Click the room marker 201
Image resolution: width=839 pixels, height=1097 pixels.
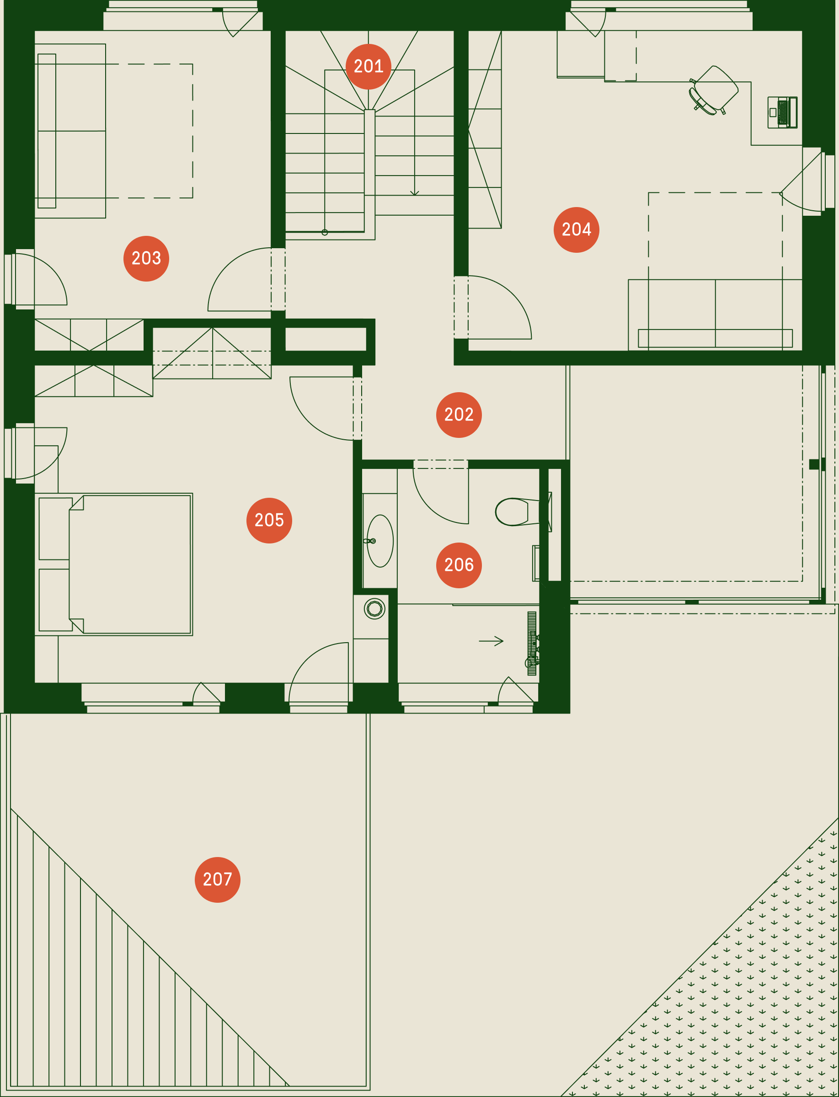pyautogui.click(x=368, y=66)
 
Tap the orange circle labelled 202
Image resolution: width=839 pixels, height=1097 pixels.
pyautogui.click(x=459, y=415)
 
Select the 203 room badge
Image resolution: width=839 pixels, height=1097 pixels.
pyautogui.click(x=146, y=259)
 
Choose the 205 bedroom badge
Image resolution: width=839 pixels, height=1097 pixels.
pyautogui.click(x=269, y=520)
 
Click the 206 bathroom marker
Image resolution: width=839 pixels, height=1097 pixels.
pyautogui.click(x=459, y=565)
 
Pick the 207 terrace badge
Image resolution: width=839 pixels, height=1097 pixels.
pyautogui.click(x=217, y=880)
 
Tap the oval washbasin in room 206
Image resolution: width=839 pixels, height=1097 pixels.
pyautogui.click(x=379, y=541)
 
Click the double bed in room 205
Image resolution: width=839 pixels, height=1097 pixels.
pyautogui.click(x=114, y=564)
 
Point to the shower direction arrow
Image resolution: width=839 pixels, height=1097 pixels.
pyautogui.click(x=491, y=641)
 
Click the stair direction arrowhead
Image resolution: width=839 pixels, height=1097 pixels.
pyautogui.click(x=415, y=193)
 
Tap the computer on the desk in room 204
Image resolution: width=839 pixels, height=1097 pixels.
pyautogui.click(x=783, y=112)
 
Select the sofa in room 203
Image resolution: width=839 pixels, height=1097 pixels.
pyautogui.click(x=70, y=131)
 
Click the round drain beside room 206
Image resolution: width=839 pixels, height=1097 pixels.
pyautogui.click(x=374, y=609)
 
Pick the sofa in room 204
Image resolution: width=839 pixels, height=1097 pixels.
pyautogui.click(x=715, y=314)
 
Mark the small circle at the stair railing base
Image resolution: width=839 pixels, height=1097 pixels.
pyautogui.click(x=325, y=232)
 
